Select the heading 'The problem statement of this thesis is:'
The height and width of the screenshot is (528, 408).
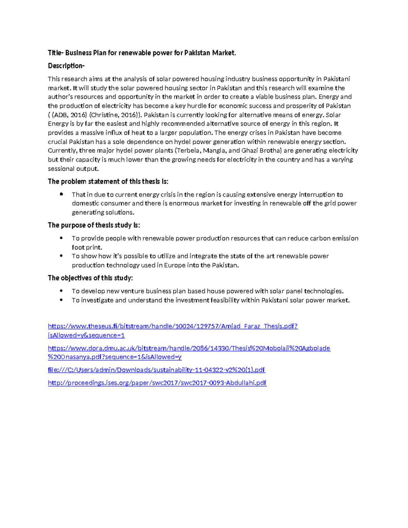[108, 181]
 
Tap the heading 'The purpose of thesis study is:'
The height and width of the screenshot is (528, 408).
[94, 225]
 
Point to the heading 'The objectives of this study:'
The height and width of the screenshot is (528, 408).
[90, 278]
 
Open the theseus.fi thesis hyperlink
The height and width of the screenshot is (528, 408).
[173, 326]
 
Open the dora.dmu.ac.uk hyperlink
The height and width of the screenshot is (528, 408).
[189, 348]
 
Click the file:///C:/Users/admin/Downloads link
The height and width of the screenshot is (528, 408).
[156, 370]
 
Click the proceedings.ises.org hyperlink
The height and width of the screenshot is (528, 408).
[157, 383]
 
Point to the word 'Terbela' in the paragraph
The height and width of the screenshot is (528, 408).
[188, 151]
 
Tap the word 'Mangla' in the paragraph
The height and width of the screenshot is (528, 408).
[213, 151]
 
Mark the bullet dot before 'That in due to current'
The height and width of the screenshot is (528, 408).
[62, 194]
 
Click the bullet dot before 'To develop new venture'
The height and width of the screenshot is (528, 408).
[62, 291]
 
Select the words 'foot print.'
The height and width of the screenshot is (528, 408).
[87, 248]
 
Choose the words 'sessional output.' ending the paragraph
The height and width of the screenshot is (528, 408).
[73, 169]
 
